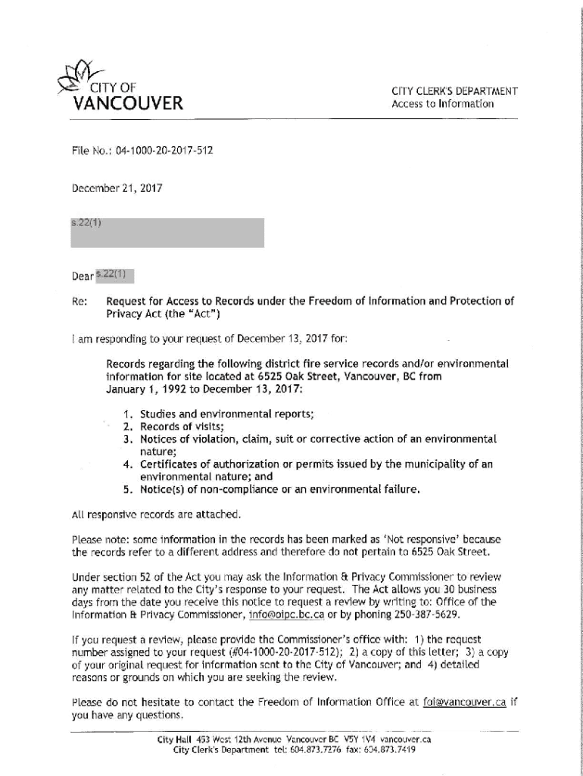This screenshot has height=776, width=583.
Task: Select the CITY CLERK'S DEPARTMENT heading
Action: click(x=454, y=92)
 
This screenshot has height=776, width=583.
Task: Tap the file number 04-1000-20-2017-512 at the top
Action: click(x=164, y=151)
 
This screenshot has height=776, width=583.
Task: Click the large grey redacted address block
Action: click(x=167, y=233)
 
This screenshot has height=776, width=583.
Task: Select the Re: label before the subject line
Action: click(x=78, y=301)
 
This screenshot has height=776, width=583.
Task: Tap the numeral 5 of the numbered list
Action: click(x=127, y=490)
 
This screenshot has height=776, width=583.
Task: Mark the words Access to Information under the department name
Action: click(x=442, y=104)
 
